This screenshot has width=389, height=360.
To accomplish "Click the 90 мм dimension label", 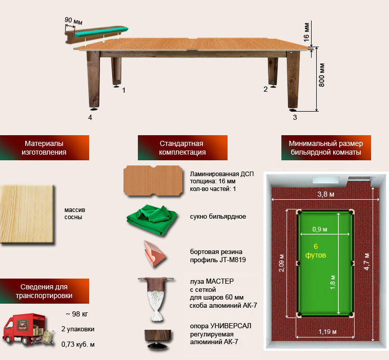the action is pyautogui.click(x=73, y=21).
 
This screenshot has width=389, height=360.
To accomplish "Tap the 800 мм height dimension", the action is pyautogui.click(x=321, y=75).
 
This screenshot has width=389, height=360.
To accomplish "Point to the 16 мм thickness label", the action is pyautogui.click(x=306, y=32).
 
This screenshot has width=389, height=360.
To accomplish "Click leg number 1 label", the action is pyautogui.click(x=124, y=90).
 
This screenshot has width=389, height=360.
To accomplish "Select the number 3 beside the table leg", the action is pyautogui.click(x=295, y=117).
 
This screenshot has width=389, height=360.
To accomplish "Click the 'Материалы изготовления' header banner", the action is pyautogui.click(x=45, y=147).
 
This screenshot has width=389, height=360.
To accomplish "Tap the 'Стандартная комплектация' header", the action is pyautogui.click(x=182, y=147).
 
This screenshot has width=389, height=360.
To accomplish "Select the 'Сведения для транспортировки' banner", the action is pyautogui.click(x=45, y=291).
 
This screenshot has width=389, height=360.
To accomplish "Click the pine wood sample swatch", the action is pyautogui.click(x=27, y=214).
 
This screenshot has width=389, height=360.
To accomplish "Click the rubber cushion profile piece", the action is pyautogui.click(x=154, y=253).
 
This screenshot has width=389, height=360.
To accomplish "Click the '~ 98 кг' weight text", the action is pyautogui.click(x=77, y=314).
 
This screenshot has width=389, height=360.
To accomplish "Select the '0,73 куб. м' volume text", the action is pyautogui.click(x=78, y=344).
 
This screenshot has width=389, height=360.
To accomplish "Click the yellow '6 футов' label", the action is pyautogui.click(x=316, y=250).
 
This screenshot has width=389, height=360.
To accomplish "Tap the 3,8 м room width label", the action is pyautogui.click(x=326, y=194).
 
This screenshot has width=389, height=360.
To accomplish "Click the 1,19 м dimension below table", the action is pyautogui.click(x=327, y=331).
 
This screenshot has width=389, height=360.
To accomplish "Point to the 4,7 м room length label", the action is pyautogui.click(x=366, y=262).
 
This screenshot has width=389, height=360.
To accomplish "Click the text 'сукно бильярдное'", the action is pyautogui.click(x=218, y=217).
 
